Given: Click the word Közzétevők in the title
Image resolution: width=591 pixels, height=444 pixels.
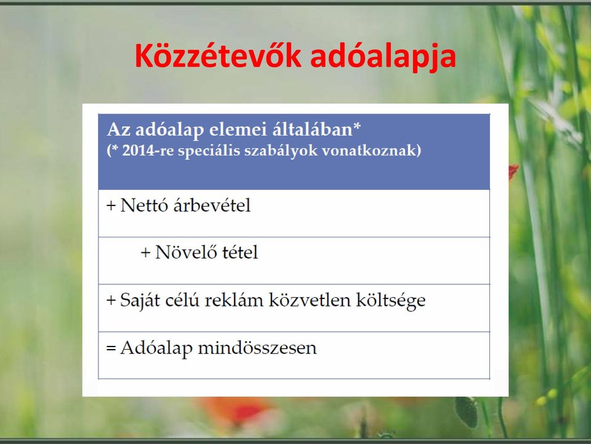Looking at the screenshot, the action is coord(218,56).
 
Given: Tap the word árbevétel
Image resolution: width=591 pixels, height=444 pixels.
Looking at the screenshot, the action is coord(212,206).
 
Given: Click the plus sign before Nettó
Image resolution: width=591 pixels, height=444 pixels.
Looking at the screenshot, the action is coord(111,206).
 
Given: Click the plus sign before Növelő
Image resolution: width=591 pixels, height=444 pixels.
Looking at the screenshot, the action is coord(145,253).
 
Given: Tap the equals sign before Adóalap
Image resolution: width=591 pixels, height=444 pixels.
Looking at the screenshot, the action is coord(111,348).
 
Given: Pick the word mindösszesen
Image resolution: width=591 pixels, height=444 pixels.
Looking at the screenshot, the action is coord(257,348).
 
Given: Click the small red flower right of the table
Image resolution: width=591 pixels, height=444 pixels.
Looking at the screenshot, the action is coord(513,172).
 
